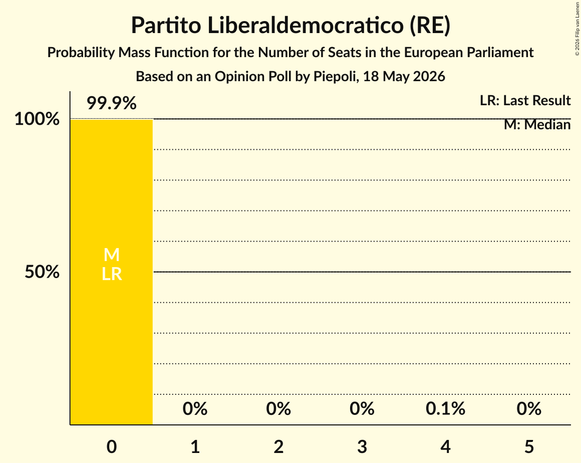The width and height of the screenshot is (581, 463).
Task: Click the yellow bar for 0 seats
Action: [x=112, y=272]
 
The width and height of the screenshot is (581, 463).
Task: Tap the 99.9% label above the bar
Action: [x=112, y=103]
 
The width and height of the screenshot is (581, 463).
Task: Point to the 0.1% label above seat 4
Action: [x=445, y=409]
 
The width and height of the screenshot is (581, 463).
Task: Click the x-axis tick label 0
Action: [x=112, y=446]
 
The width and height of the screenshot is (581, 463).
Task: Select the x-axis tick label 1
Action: [x=195, y=446]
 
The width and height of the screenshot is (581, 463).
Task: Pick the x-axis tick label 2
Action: [x=278, y=446]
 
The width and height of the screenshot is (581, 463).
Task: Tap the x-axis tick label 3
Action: [x=362, y=446]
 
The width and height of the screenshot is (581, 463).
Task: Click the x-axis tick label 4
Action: [x=445, y=446]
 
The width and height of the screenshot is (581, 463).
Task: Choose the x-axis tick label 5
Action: [x=529, y=446]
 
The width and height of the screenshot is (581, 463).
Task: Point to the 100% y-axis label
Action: [x=37, y=119]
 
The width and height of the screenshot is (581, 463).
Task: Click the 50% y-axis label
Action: [x=42, y=272]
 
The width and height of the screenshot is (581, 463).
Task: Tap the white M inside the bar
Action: [x=112, y=255]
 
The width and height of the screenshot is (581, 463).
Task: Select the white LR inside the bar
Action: [x=112, y=274]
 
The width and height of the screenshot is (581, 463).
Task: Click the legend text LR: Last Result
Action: [x=525, y=100]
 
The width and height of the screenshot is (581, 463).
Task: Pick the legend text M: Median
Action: [x=537, y=125]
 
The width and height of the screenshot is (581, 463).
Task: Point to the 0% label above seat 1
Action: [x=195, y=409]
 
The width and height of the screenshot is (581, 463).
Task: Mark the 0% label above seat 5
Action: [x=529, y=409]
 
